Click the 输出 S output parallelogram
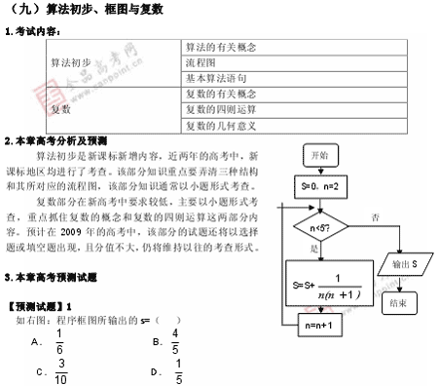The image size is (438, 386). tap(401, 265)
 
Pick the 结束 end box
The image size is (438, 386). tap(397, 303)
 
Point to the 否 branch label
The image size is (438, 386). tap(376, 216)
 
